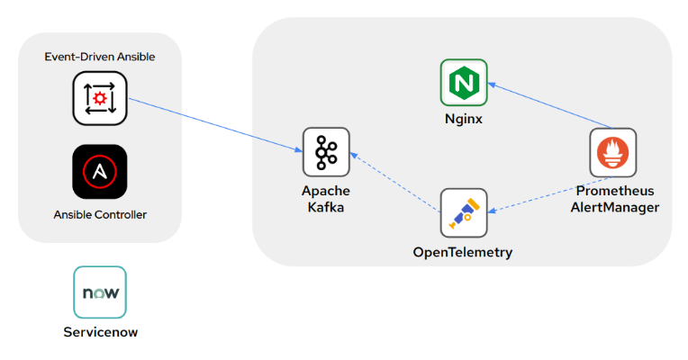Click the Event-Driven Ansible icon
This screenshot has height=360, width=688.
(100, 97)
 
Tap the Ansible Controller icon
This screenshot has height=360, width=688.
(100, 171)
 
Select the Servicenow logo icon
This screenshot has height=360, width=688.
(100, 293)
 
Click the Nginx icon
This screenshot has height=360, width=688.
(464, 83)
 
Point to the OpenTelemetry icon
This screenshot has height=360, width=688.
(463, 212)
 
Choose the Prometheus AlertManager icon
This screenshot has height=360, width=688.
(613, 152)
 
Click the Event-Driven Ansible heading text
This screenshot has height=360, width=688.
(100, 57)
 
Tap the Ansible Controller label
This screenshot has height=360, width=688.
(100, 214)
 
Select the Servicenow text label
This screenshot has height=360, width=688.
(100, 332)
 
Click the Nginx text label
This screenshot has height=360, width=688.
(464, 118)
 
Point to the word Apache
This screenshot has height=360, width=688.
(326, 191)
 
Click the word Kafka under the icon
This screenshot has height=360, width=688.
(326, 207)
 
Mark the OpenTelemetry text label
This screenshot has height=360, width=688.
(463, 252)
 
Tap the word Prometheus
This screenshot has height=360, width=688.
(614, 191)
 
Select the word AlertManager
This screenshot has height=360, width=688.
(614, 207)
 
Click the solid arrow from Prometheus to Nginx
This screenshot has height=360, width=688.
(549, 106)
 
